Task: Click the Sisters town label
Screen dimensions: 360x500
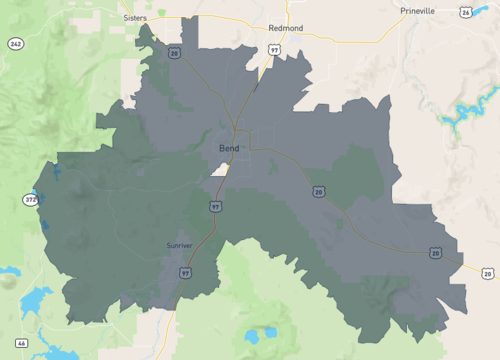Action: click(134, 18)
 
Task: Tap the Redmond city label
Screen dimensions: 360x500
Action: click(286, 28)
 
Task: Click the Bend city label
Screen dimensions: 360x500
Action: click(229, 147)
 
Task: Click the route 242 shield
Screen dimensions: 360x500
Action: click(15, 44)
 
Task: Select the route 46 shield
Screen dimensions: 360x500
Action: click(21, 343)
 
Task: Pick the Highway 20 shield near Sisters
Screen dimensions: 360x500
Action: click(174, 53)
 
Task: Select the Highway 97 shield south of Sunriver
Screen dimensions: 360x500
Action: click(186, 271)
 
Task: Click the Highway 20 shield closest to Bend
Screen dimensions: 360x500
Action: click(318, 191)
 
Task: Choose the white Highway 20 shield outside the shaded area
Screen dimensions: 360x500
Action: click(486, 273)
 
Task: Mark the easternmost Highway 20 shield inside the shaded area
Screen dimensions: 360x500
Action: click(436, 253)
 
